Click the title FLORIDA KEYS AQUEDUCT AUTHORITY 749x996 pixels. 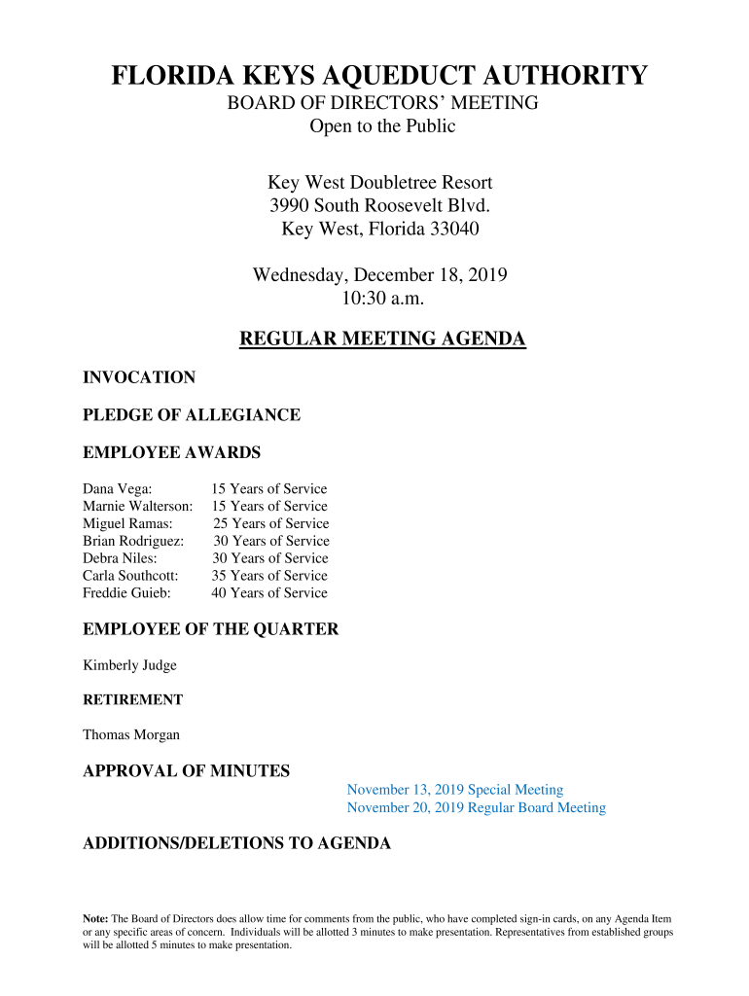click(x=379, y=75)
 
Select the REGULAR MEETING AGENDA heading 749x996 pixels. click(x=382, y=339)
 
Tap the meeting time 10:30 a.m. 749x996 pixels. click(x=379, y=299)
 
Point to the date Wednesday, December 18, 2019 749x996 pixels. click(x=379, y=275)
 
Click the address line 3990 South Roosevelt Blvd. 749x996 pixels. click(x=379, y=206)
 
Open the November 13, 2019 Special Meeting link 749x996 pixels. click(x=454, y=791)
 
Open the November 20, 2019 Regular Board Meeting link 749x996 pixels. click(x=476, y=808)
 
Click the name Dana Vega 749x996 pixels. click(x=117, y=489)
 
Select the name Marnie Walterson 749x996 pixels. click(x=137, y=507)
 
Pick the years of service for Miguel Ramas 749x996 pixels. click(x=270, y=524)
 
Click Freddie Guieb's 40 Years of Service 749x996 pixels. click(x=269, y=593)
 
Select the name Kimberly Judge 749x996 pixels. click(x=129, y=666)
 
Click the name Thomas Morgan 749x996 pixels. click(x=131, y=735)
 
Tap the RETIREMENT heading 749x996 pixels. click(x=132, y=700)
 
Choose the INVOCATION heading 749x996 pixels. click(x=139, y=377)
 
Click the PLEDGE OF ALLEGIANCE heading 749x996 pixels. click(x=192, y=415)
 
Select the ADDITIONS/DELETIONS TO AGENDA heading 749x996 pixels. click(x=236, y=844)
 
